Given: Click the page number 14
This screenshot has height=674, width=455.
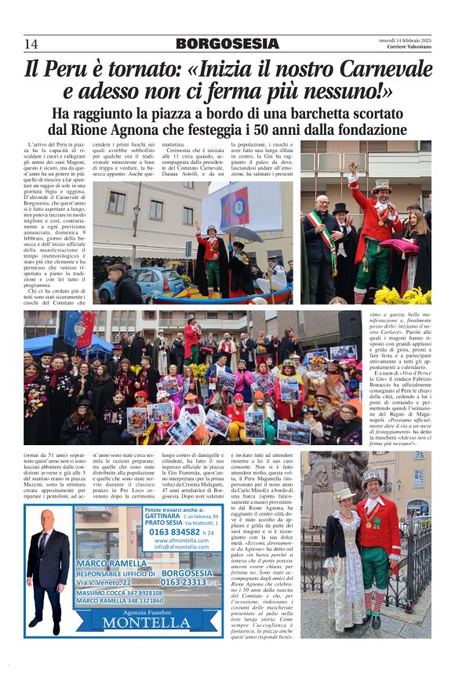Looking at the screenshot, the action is pyautogui.click(x=31, y=44).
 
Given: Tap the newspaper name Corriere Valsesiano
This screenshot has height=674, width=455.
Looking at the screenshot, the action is pyautogui.click(x=408, y=48).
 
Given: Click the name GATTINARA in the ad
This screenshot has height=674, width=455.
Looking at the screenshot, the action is pyautogui.click(x=162, y=516).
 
